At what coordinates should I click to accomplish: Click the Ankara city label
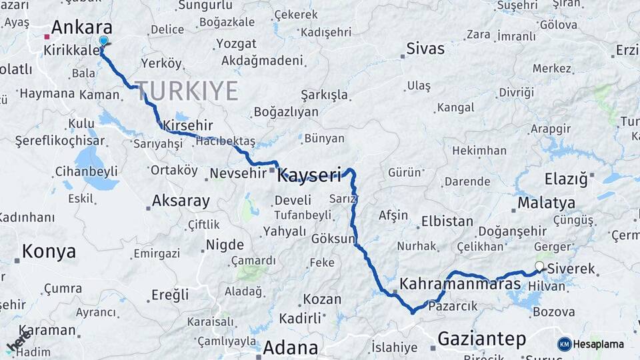(81, 28)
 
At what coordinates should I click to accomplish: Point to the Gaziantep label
(481, 339)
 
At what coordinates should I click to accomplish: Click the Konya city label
(49, 252)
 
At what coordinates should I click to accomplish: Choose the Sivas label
(425, 49)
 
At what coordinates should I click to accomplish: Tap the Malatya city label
(546, 203)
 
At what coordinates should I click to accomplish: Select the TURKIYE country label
(187, 91)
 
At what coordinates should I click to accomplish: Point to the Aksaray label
(181, 201)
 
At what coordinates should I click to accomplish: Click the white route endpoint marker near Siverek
(539, 267)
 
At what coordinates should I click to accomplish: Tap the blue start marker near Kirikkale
(103, 41)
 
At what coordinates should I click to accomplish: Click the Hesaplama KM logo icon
(564, 344)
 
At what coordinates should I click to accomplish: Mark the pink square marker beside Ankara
(47, 37)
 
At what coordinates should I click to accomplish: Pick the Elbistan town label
(446, 221)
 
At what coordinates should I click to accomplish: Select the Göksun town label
(333, 238)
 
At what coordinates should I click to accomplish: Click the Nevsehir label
(237, 173)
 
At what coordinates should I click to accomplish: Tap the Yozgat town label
(236, 44)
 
